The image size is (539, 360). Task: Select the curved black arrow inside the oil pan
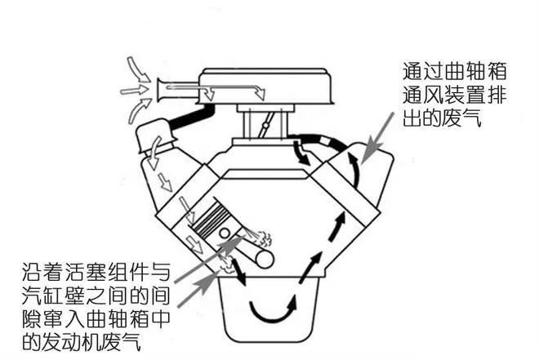click(270, 310)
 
